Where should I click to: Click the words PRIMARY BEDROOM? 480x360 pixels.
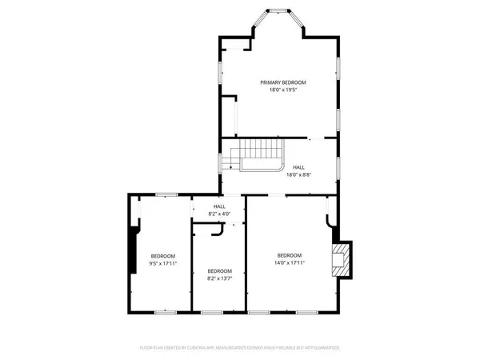coord(282,82)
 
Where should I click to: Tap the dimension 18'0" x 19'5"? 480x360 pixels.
coord(282,90)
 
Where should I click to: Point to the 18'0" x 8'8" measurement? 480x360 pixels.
coord(298,174)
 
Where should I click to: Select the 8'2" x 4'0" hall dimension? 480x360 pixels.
coord(219,214)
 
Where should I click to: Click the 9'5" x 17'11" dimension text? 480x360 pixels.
coord(162,262)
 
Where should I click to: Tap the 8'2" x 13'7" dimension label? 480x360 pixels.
coord(219,278)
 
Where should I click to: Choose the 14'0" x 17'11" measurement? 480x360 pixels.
coord(290,262)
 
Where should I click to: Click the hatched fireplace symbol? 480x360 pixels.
coord(342,259)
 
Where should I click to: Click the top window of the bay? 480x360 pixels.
coord(278,11)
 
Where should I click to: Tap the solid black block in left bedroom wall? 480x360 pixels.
coord(133,251)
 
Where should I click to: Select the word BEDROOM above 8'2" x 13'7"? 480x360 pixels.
coord(219,270)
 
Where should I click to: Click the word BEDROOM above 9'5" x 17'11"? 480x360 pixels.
coord(162,255)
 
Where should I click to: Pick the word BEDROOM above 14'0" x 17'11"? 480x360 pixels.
coord(290,254)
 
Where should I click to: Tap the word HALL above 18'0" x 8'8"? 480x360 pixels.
coord(298,167)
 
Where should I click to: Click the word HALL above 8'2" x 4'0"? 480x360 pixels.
coord(219,206)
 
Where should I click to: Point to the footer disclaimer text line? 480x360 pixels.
coord(240,348)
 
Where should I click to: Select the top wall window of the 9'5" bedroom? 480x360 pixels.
coord(166,194)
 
